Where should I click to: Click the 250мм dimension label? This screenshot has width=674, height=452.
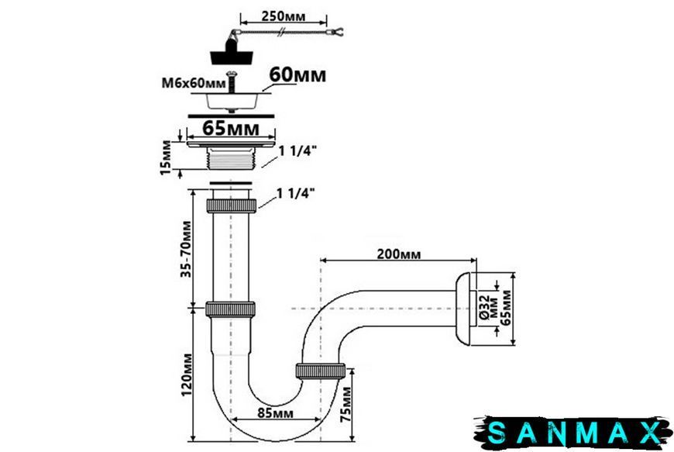click(284, 16)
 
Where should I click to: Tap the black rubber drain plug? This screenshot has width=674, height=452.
click(232, 52)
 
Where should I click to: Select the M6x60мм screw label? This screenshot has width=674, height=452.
click(194, 83)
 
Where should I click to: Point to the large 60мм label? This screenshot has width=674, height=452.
click(297, 75)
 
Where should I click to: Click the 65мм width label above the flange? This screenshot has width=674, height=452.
click(231, 128)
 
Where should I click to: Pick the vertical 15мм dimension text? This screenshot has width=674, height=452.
click(166, 157)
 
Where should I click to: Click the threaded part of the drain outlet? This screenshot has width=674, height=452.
click(232, 159)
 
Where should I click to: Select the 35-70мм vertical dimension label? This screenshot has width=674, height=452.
click(186, 249)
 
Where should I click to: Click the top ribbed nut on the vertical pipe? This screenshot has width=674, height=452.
click(232, 205)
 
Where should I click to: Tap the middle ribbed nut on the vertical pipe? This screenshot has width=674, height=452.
click(230, 309)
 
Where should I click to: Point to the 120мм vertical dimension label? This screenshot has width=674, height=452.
click(186, 374)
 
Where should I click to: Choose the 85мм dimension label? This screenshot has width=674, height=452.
click(276, 413)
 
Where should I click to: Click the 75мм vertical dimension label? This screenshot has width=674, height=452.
click(346, 404)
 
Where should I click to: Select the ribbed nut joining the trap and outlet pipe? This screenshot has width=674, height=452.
click(321, 371)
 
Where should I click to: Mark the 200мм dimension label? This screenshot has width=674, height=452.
click(399, 254)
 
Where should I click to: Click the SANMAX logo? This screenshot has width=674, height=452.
click(573, 432)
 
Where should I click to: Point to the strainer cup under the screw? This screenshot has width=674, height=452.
click(232, 101)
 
